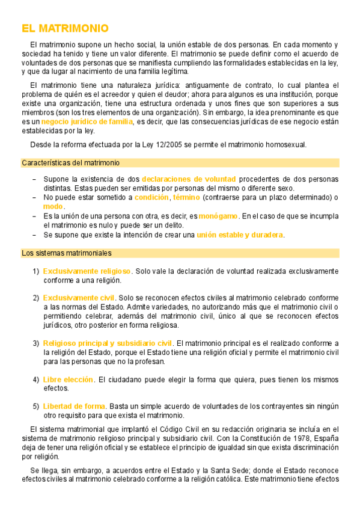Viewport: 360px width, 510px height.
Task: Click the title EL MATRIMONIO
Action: click(x=65, y=28)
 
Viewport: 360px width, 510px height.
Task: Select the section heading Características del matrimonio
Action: click(x=70, y=163)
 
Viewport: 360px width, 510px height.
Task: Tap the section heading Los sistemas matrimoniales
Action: click(x=66, y=253)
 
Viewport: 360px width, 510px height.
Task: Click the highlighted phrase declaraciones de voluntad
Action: click(x=189, y=179)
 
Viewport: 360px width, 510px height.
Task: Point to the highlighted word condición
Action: click(x=151, y=197)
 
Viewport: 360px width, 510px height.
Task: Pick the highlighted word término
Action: click(x=186, y=197)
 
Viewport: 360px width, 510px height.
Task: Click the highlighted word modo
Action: click(x=53, y=206)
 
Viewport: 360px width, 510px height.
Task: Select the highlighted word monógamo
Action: click(x=219, y=216)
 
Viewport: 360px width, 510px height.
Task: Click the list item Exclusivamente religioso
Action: click(x=87, y=271)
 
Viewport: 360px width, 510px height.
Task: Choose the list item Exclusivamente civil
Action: click(x=79, y=298)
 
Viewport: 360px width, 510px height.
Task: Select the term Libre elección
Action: click(x=68, y=379)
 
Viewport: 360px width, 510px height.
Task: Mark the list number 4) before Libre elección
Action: click(x=36, y=379)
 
